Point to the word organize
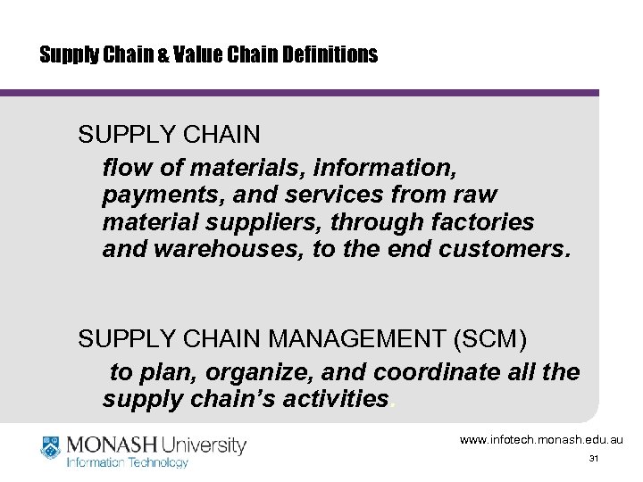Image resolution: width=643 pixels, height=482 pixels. coord(238,370)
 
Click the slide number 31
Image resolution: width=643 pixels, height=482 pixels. coord(593,459)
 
